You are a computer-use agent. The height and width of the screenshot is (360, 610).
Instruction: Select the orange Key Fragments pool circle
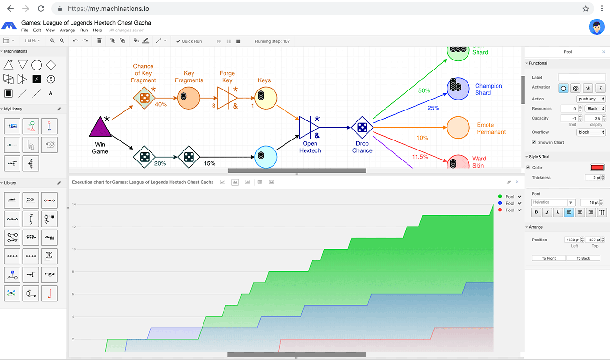(189, 98)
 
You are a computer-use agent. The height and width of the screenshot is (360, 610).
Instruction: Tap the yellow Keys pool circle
(265, 98)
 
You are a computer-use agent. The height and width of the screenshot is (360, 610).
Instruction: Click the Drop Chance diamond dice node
(362, 128)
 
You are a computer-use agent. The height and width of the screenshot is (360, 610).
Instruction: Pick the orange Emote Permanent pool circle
(458, 128)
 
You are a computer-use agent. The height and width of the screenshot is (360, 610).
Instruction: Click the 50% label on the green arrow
(424, 90)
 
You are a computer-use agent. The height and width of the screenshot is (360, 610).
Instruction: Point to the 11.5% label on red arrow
(420, 157)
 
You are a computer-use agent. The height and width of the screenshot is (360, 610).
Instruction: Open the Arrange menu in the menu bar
(67, 30)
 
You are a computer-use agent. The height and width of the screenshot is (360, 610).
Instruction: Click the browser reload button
(41, 9)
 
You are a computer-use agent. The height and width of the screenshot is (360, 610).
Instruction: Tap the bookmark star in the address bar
(586, 9)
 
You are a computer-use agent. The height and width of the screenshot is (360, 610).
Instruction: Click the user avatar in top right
(597, 27)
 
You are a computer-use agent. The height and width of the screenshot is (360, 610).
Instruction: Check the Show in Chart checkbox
(534, 142)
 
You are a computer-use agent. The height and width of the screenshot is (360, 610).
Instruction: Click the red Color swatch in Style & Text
(597, 168)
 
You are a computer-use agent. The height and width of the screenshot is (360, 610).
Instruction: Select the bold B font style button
(536, 213)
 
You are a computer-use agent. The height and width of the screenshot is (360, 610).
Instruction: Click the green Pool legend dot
(500, 197)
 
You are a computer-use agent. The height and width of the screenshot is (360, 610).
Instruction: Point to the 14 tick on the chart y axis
(74, 205)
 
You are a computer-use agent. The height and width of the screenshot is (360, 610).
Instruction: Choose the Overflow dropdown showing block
(591, 132)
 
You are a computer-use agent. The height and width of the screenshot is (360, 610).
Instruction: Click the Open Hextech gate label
(310, 147)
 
